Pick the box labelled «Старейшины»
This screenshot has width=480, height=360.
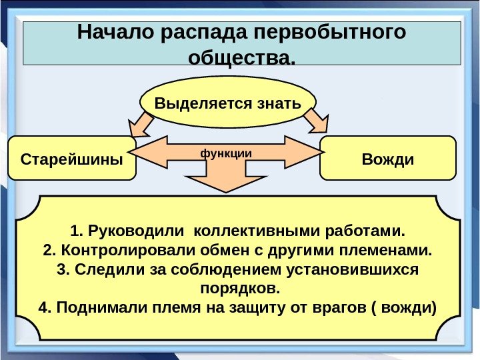click(72, 159)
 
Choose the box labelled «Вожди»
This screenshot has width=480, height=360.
click(387, 159)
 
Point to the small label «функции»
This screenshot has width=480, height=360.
click(227, 153)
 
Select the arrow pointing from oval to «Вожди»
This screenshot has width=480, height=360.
click(315, 122)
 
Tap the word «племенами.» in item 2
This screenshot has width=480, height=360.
click(390, 251)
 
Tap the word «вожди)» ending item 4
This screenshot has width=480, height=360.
click(415, 309)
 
